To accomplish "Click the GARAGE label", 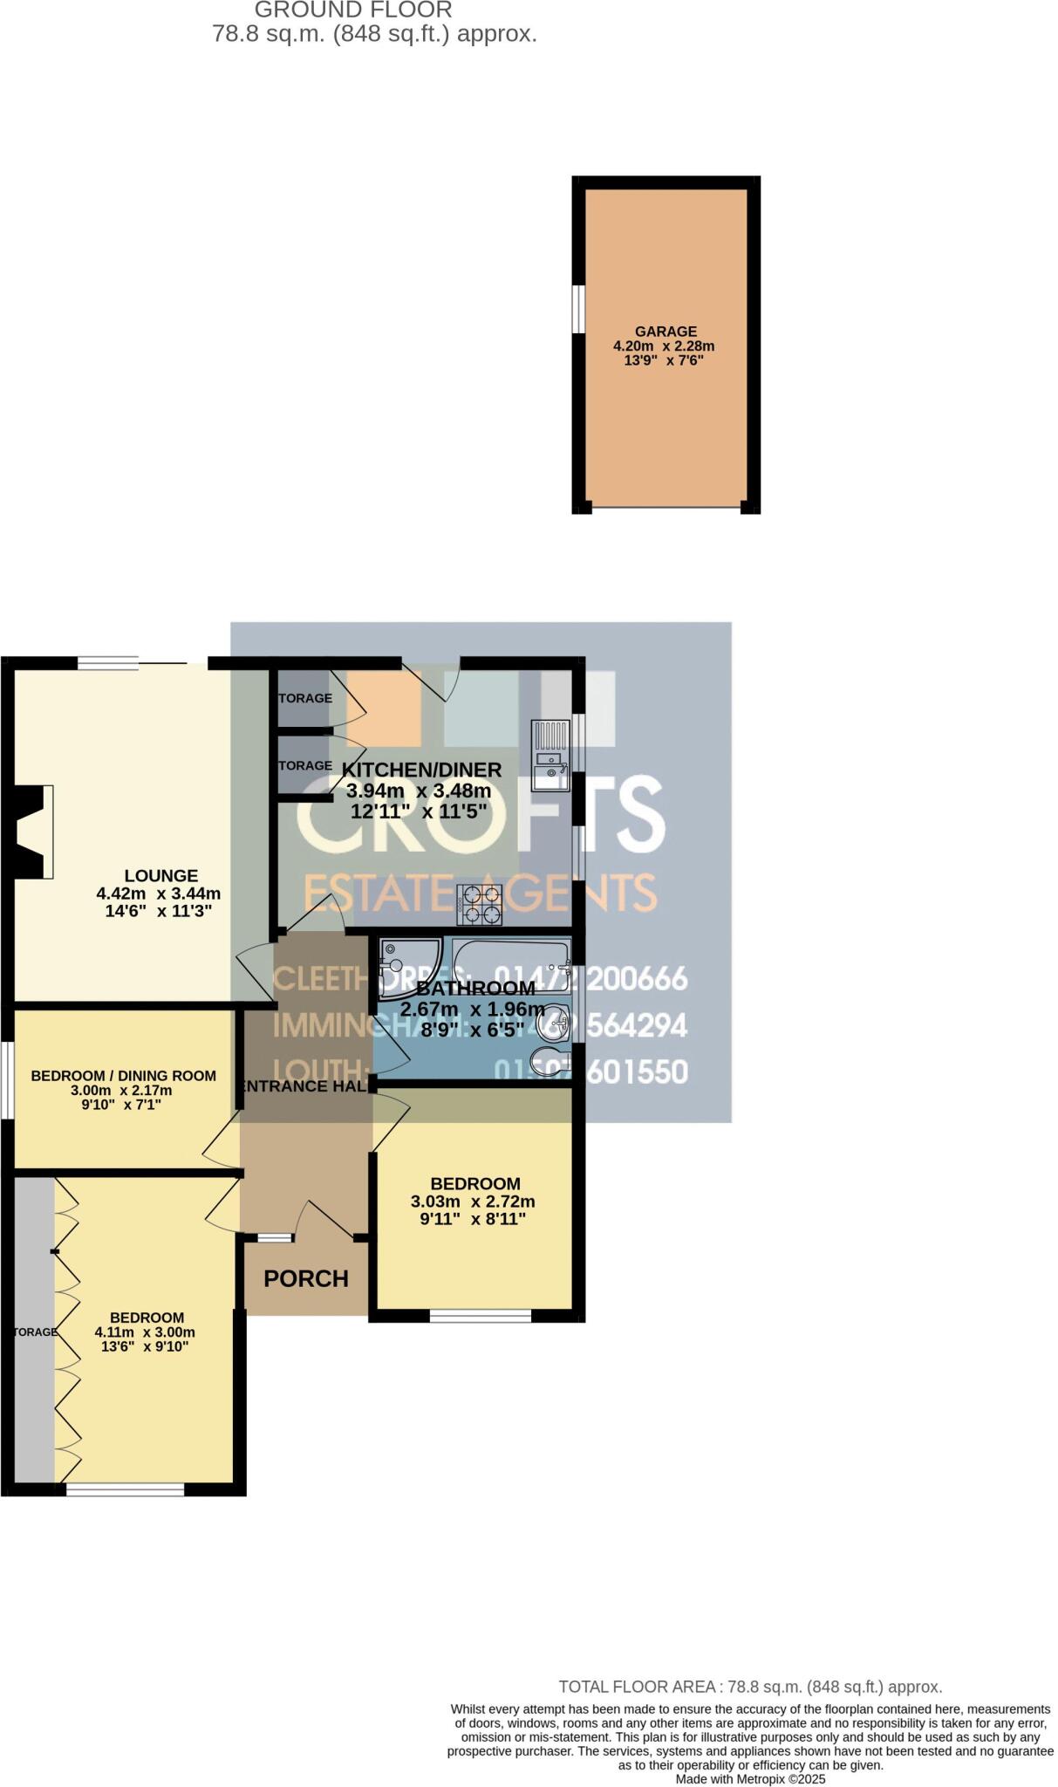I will tap(666, 332).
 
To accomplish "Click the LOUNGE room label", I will tap(160, 875).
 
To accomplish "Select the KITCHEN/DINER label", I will tap(421, 770).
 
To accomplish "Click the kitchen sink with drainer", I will tap(550, 756).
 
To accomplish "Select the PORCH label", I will tap(305, 1278).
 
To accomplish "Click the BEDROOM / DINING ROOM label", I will tap(123, 1076).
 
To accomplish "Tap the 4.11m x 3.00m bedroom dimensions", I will tap(145, 1332).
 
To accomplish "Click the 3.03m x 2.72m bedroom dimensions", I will tap(473, 1202).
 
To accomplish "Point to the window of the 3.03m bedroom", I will tap(480, 1317).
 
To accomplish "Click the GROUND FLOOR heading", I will tap(353, 10).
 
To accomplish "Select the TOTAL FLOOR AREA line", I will tap(750, 1687).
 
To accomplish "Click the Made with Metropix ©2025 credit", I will tap(750, 1778).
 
